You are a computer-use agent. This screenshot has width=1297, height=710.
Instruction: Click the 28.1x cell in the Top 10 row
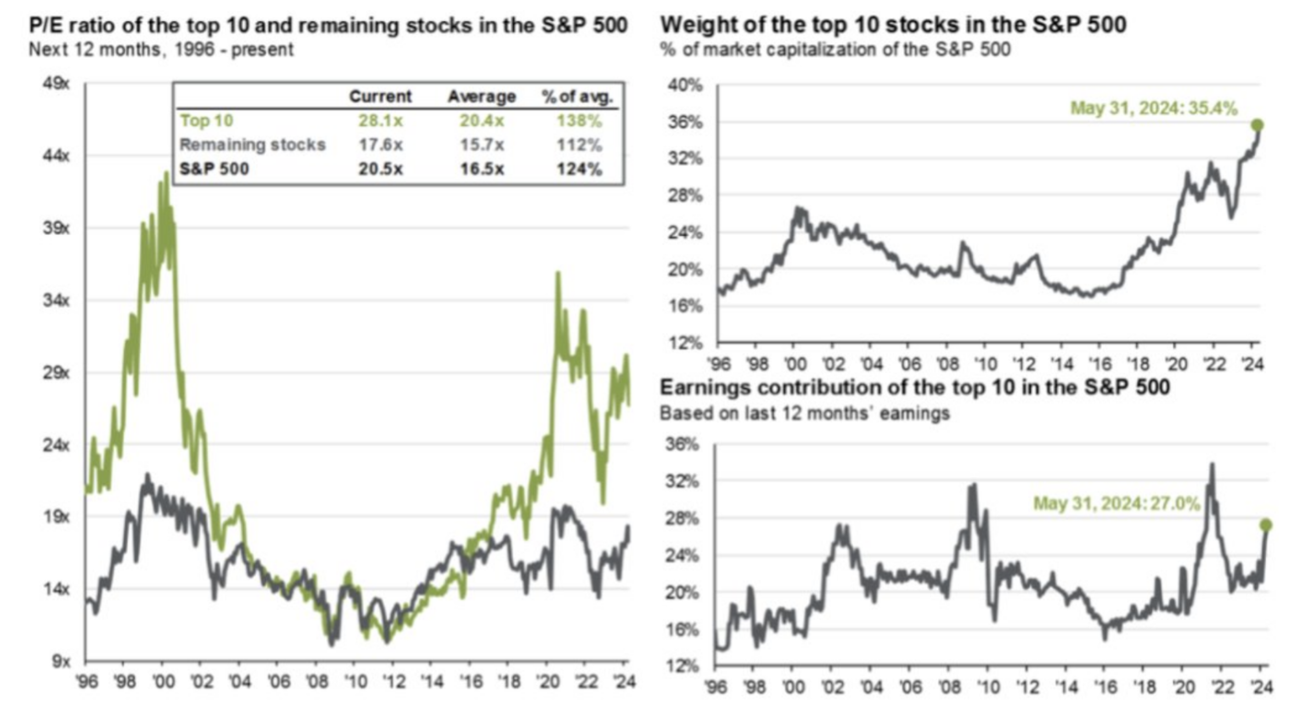(x=380, y=121)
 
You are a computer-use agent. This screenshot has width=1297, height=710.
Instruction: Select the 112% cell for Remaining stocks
(x=579, y=145)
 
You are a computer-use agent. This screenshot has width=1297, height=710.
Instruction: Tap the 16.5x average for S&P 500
(x=481, y=169)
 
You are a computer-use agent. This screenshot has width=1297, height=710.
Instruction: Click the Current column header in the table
(x=380, y=96)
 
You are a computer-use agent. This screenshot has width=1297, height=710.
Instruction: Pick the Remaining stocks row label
(x=253, y=145)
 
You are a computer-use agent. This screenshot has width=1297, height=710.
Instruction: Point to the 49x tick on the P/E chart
(x=56, y=84)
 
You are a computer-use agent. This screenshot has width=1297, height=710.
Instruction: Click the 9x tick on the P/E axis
(x=61, y=661)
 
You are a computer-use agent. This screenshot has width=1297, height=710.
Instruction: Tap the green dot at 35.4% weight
(x=1257, y=125)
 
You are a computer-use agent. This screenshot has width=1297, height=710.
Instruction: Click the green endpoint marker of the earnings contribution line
(x=1266, y=525)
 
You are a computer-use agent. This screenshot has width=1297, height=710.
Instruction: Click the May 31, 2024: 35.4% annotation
(x=1153, y=108)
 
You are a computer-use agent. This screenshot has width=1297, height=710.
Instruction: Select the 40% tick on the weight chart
(x=685, y=85)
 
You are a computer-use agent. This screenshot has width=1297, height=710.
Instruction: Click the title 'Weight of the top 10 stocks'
(x=893, y=25)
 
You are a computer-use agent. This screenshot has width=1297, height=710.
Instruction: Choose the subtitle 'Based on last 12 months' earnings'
(x=804, y=413)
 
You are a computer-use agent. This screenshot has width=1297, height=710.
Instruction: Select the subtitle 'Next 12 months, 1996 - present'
(x=161, y=50)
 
